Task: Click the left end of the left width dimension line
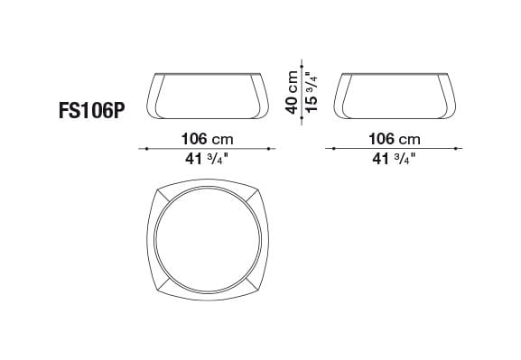click(x=140, y=148)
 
